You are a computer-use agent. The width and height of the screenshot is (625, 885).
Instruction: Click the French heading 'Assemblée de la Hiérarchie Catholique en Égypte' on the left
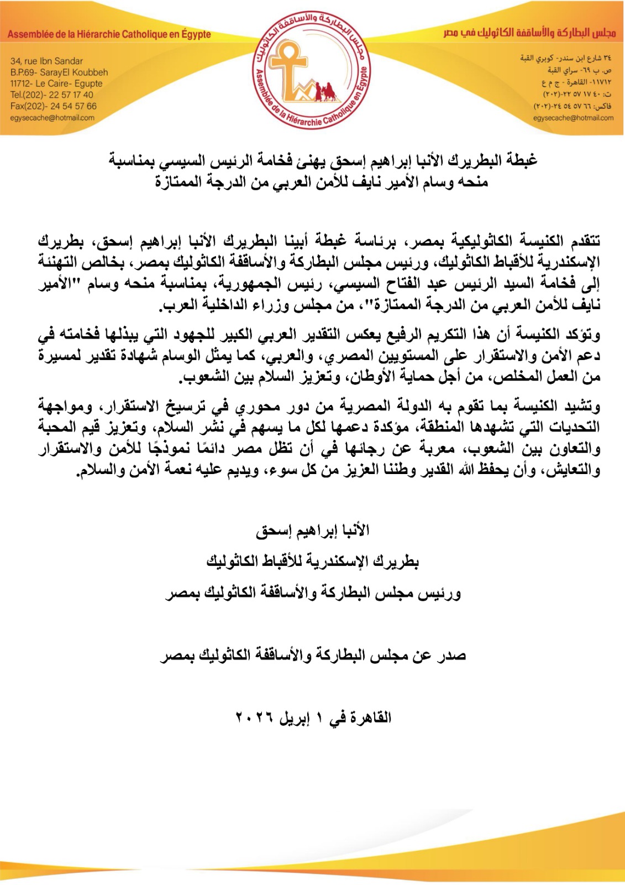[x=109, y=34]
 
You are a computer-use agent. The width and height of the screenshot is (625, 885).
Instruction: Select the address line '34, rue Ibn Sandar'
[x=46, y=61]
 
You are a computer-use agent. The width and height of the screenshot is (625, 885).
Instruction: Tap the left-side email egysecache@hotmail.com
[x=52, y=118]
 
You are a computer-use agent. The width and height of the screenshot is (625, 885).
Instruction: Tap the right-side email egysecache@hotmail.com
[x=573, y=118]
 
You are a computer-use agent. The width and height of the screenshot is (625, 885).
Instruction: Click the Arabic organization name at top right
[x=529, y=33]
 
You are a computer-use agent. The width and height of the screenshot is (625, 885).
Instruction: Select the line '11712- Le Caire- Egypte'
[x=56, y=84]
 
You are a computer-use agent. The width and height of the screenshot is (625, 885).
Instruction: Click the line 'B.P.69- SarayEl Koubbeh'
[x=59, y=72]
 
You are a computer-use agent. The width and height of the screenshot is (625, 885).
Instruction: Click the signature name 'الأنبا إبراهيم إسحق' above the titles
[x=312, y=531]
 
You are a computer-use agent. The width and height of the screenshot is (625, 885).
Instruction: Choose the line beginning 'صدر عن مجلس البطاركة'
[x=313, y=656]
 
